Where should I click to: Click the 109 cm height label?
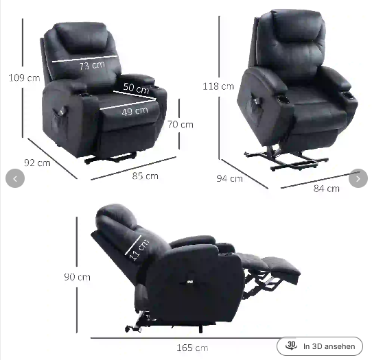click(24, 77)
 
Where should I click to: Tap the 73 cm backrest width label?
click(92, 65)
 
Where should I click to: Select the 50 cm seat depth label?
click(136, 88)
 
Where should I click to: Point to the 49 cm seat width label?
click(135, 111)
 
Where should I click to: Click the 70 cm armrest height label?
click(181, 124)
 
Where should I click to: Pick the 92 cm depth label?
click(37, 163)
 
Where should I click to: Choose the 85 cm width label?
click(146, 176)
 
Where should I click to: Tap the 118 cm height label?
click(218, 86)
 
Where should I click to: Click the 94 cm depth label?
click(229, 178)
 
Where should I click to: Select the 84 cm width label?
click(327, 189)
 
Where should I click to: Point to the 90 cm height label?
click(77, 277)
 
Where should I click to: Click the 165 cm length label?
click(192, 348)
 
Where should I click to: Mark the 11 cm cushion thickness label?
click(139, 250)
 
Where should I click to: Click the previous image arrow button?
click(15, 178)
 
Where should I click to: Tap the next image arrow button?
click(358, 178)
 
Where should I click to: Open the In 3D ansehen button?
click(320, 346)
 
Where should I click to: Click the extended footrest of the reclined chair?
click(282, 269)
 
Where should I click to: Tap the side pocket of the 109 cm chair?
click(60, 123)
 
